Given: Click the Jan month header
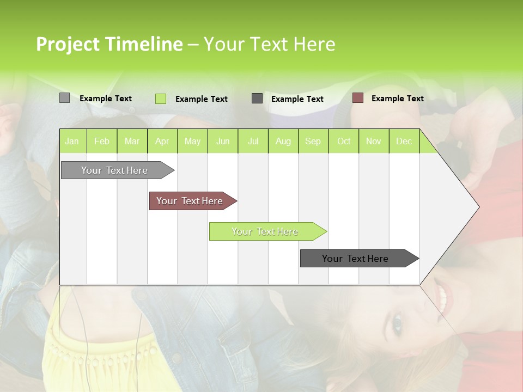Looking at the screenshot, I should [72, 141].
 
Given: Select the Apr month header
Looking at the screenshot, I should [162, 141].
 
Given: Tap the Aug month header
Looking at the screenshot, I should [283, 141].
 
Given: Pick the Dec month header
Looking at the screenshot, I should [404, 141].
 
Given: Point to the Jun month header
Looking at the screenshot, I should [222, 141].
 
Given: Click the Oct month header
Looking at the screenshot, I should [343, 141].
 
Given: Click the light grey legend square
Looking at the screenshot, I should [64, 98].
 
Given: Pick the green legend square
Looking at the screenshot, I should [160, 99].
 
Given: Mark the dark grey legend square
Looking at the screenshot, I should [257, 98].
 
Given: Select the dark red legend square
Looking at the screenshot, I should [357, 98].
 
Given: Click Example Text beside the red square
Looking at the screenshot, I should [397, 98].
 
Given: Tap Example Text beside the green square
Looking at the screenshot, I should [201, 99].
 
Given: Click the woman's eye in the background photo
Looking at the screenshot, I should [397, 325].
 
